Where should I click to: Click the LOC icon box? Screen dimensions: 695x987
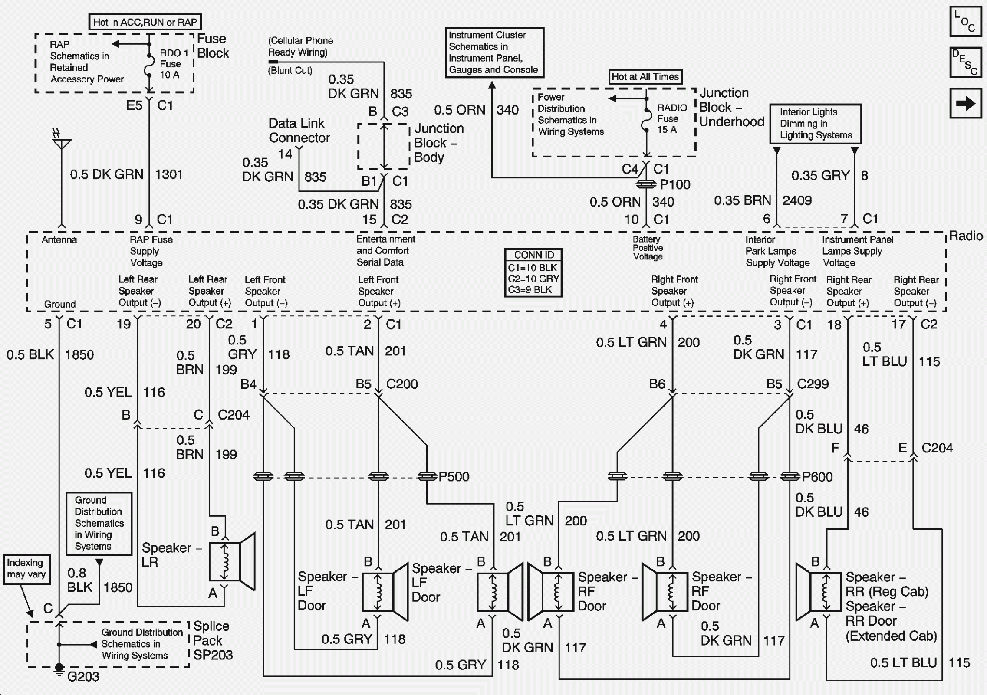pos(965,21)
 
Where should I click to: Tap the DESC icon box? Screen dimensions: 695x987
pos(965,62)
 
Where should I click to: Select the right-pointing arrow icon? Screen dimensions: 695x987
pos(965,103)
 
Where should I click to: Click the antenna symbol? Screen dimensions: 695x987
pos(62,141)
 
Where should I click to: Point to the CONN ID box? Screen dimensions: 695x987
pos(533,272)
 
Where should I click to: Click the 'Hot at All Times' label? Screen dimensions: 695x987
pos(645,77)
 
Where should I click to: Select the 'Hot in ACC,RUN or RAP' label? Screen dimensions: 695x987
pos(145,22)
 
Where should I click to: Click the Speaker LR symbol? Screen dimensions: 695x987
pos(231,561)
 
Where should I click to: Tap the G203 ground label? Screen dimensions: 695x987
pos(83,676)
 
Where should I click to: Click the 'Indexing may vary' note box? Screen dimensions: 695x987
pos(26,569)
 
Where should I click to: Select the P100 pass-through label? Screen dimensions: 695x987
pos(674,185)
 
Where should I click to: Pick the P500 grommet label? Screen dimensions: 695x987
pos(454,477)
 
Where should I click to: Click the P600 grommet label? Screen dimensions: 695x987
pos(817,477)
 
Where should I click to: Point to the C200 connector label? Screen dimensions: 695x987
pos(402,384)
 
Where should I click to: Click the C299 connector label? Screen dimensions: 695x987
pos(813,384)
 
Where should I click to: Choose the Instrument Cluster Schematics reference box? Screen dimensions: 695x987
pos(494,52)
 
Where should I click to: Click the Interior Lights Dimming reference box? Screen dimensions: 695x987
pos(815,124)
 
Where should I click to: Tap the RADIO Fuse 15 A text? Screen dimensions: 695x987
pos(671,118)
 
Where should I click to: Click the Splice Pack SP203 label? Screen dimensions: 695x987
pos(212,640)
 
